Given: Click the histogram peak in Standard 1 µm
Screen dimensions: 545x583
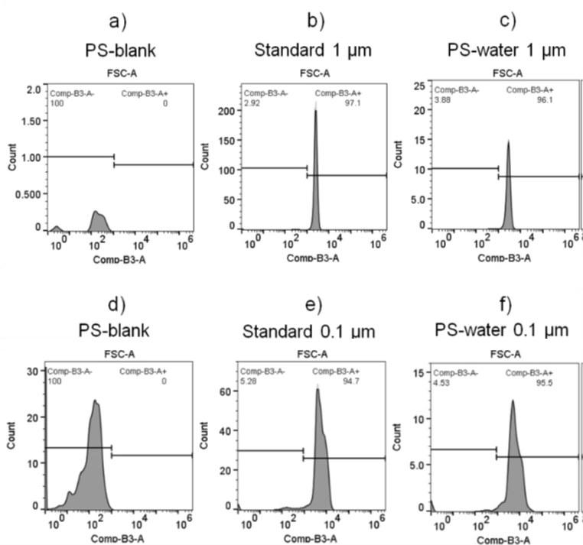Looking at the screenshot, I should [315, 112].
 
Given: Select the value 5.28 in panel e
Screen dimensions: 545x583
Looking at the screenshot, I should [252, 381].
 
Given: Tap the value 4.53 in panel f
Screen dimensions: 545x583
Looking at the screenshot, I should [442, 381].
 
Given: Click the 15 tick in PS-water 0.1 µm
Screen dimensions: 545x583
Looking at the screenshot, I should [420, 372].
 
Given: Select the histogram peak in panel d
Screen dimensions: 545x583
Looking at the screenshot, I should [95, 401].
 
